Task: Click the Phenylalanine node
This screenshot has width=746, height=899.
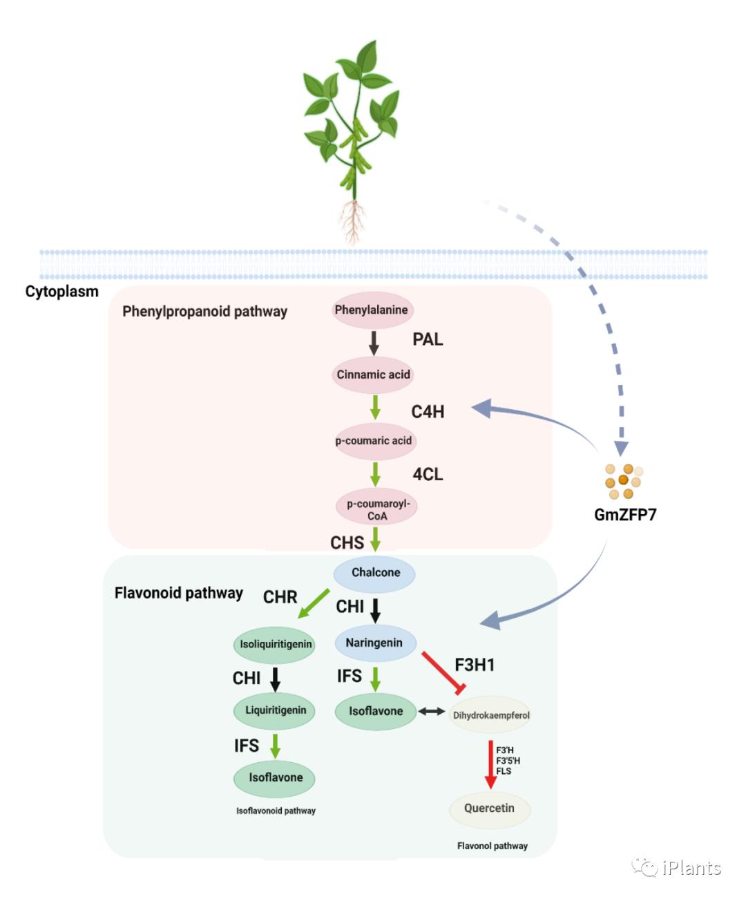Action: tap(372, 310)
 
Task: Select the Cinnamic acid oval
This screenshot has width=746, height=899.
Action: tap(373, 375)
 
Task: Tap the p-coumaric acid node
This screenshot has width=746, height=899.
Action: tap(374, 441)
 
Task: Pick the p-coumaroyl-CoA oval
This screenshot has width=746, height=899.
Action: tap(377, 509)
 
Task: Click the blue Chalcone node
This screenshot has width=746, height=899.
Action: tap(375, 573)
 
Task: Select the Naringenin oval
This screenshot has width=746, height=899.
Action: tap(375, 643)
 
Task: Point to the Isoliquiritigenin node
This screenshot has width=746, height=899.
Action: tap(276, 645)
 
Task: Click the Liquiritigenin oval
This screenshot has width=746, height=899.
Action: tap(276, 710)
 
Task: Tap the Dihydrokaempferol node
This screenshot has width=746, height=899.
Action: tap(490, 715)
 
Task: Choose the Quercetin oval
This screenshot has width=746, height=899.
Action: tap(489, 808)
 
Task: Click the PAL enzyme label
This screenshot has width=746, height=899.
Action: tap(428, 339)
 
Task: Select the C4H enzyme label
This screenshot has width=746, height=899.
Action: tap(428, 412)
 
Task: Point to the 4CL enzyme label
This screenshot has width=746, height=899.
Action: tap(428, 475)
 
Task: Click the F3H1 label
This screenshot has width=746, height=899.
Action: tap(475, 665)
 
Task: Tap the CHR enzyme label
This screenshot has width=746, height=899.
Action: tap(280, 597)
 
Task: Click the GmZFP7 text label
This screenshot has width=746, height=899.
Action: tap(625, 515)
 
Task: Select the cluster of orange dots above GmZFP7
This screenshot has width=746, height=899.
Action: tap(624, 481)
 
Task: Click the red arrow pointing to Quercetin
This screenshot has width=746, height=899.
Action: tap(490, 764)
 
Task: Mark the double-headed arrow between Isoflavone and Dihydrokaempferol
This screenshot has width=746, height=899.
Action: tap(432, 711)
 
